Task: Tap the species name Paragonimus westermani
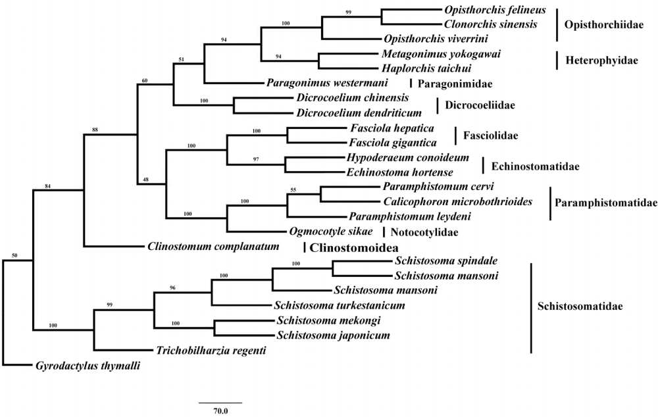pyautogui.click(x=328, y=83)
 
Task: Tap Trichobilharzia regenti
pyautogui.click(x=211, y=351)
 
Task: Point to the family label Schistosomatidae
pyautogui.click(x=580, y=306)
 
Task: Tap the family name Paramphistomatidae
pyautogui.click(x=606, y=203)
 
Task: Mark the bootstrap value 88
pyautogui.click(x=95, y=130)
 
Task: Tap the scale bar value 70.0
pyautogui.click(x=220, y=411)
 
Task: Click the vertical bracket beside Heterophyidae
pyautogui.click(x=557, y=61)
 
